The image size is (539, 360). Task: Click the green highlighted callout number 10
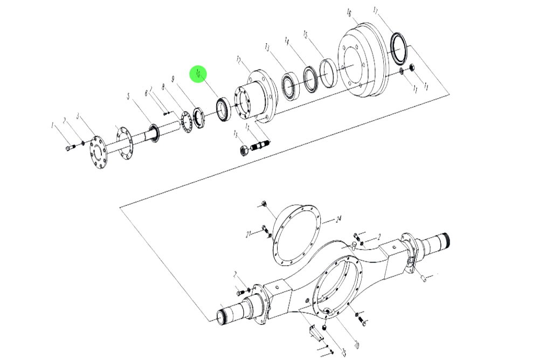coord(198,74)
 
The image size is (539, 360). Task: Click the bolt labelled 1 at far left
coord(68,147)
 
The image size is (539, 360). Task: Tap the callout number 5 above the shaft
coord(128,96)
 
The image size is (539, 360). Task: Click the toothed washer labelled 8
coord(186,122)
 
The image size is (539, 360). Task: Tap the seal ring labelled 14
coord(309,78)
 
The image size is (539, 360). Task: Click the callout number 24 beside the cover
coord(338,219)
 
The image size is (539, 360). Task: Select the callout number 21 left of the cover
coord(248,234)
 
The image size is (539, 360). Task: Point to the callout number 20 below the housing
coord(356,343)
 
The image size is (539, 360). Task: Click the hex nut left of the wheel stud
coord(244,149)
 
